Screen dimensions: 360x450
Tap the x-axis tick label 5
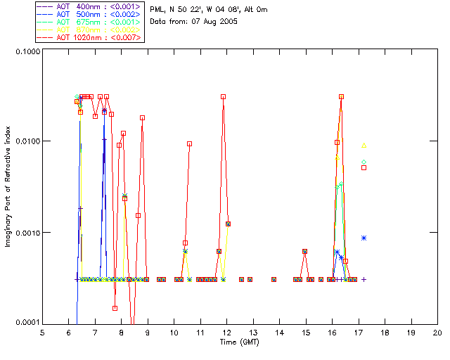[x=42, y=333]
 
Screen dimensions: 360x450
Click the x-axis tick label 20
[x=437, y=333]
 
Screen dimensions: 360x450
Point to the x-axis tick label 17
[x=359, y=333]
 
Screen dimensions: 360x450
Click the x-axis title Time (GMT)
[x=240, y=342]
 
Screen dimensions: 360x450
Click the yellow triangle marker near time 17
[x=364, y=146]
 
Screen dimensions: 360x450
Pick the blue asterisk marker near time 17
[x=364, y=238]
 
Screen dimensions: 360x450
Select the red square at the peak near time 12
[x=223, y=96]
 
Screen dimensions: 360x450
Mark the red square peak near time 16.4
[x=341, y=96]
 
